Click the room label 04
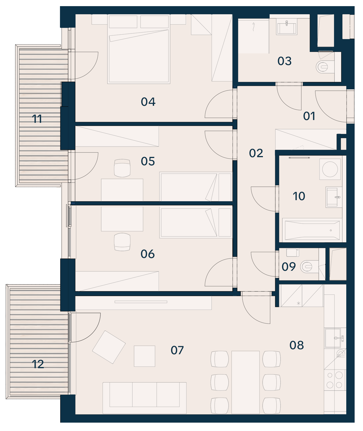148,102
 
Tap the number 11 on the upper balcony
37,119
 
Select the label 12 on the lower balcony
38,364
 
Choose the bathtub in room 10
312,230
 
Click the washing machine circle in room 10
330,169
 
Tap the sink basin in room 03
287,28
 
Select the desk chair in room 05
122,168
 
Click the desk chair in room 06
122,242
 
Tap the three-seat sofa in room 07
144,398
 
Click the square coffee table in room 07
144,356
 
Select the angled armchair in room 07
109,347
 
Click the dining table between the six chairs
245,382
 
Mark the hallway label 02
256,153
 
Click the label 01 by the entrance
309,116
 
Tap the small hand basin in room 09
292,252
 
